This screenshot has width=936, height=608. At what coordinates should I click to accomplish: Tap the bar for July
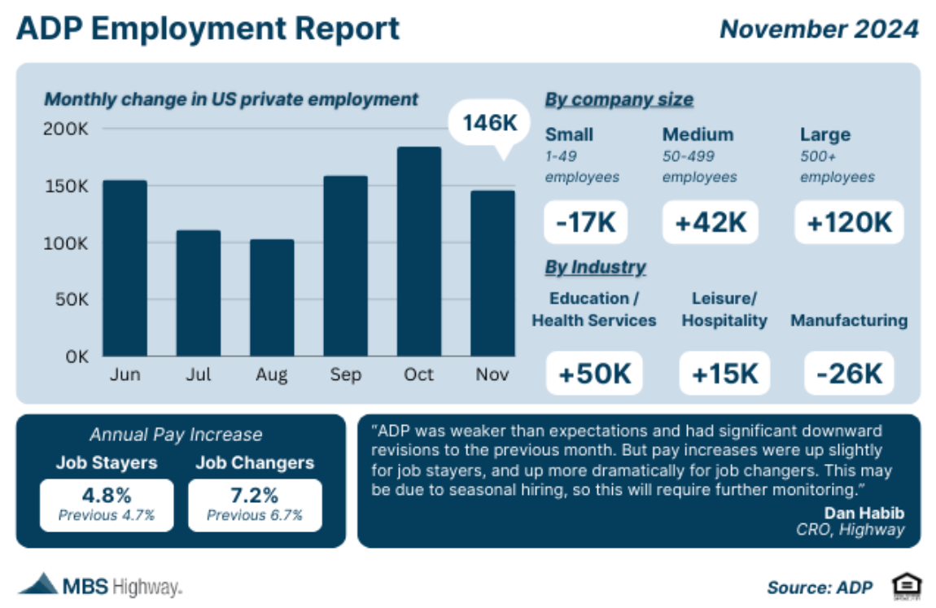199,293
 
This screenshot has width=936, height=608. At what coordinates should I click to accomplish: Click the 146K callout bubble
490,124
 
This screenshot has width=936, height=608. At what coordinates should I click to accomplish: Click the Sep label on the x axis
346,374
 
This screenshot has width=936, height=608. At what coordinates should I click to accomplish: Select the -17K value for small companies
585,222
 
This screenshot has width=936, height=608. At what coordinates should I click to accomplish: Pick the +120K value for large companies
849,222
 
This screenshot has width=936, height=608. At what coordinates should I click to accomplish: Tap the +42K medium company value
711,222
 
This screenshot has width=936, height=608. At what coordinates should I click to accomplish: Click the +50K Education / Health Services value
594,374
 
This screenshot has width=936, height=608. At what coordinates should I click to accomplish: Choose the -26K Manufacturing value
849,374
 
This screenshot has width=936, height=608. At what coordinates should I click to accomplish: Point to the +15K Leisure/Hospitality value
724,374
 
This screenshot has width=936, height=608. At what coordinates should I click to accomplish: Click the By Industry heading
595,267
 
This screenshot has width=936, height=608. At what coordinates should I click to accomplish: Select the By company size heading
619,100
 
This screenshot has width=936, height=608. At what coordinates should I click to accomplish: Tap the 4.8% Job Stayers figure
106,495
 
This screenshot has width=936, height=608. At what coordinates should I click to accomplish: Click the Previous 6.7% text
255,515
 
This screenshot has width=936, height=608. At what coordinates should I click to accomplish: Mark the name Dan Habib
864,513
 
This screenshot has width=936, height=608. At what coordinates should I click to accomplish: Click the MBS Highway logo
99,584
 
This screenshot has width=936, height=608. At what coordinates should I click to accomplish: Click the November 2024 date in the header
819,29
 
